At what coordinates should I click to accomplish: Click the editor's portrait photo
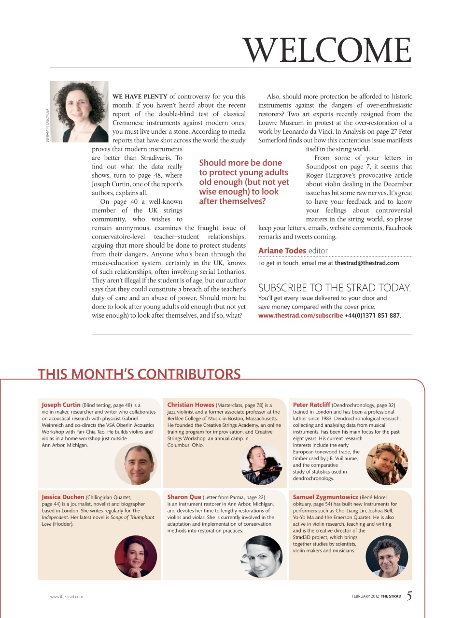tap(79, 112)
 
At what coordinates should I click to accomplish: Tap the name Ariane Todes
tap(282, 250)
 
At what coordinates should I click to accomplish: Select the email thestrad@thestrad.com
tap(366, 263)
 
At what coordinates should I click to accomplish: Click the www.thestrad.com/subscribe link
tap(300, 315)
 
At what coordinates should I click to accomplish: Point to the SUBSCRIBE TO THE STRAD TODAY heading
tap(335, 288)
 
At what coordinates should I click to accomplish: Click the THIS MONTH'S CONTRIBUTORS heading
tap(139, 374)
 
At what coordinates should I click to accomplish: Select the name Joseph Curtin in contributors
tap(61, 405)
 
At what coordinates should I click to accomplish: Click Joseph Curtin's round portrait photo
tap(136, 463)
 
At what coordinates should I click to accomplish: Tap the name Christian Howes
tap(191, 405)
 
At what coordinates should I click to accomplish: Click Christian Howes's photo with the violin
tap(261, 463)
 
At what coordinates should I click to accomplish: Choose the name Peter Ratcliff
tap(311, 405)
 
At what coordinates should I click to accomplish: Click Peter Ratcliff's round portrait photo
tap(387, 463)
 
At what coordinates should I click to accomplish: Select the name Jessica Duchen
tap(63, 496)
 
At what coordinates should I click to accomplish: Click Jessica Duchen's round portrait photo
tap(136, 556)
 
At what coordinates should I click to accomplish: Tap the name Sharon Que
tap(184, 496)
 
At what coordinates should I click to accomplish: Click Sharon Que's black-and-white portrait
tap(261, 556)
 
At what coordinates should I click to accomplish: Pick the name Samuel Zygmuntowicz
tap(325, 496)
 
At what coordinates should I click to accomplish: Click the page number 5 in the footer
tap(409, 596)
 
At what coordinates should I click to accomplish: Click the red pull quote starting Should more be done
tap(244, 182)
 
